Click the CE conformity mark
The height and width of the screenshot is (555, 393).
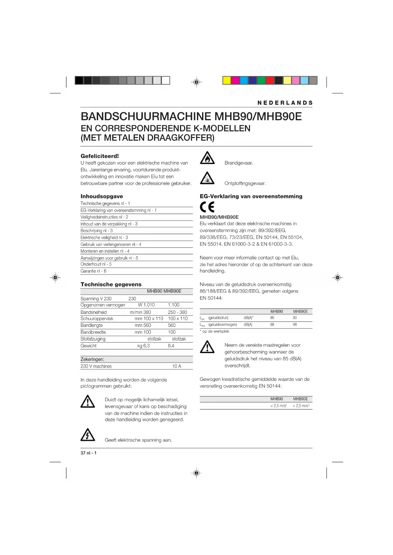[207, 207]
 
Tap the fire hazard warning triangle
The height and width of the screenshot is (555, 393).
[207, 158]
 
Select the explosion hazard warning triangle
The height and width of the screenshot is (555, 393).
[207, 178]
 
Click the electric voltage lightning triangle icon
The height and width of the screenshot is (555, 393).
[88, 435]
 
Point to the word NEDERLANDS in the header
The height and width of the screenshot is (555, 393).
[285, 103]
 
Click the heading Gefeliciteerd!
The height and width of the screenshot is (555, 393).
[100, 156]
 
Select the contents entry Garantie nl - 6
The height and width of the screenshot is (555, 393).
[93, 271]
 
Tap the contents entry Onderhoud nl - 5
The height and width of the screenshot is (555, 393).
[96, 264]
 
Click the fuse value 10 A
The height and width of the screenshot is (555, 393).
[177, 366]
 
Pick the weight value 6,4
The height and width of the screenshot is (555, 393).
[171, 346]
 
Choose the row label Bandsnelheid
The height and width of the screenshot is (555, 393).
[94, 312]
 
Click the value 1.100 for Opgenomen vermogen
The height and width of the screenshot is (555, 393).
[174, 305]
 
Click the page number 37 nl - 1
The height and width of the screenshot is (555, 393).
[89, 453]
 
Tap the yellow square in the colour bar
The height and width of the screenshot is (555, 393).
[227, 80]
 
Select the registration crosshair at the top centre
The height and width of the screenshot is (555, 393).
[197, 82]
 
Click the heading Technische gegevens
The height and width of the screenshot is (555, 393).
[111, 284]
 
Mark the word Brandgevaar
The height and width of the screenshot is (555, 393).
[239, 163]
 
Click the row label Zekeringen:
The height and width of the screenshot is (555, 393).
[92, 359]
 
